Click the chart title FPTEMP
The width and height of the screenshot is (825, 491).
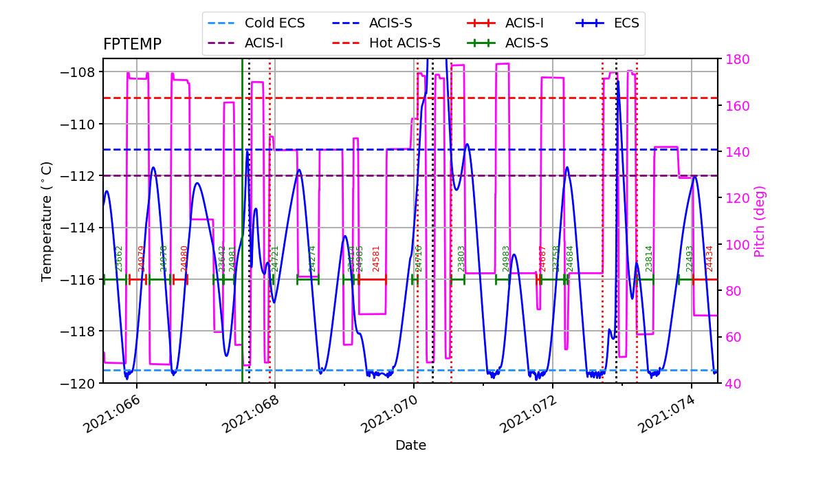[132, 45]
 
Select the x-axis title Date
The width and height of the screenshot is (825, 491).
[410, 446]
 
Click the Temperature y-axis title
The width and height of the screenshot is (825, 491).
[47, 221]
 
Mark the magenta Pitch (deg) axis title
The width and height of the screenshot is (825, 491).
[760, 221]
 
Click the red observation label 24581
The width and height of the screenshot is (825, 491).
[376, 259]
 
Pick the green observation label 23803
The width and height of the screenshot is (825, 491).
[461, 259]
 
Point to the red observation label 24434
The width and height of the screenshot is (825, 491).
[710, 259]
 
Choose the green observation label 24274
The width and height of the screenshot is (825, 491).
[312, 259]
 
